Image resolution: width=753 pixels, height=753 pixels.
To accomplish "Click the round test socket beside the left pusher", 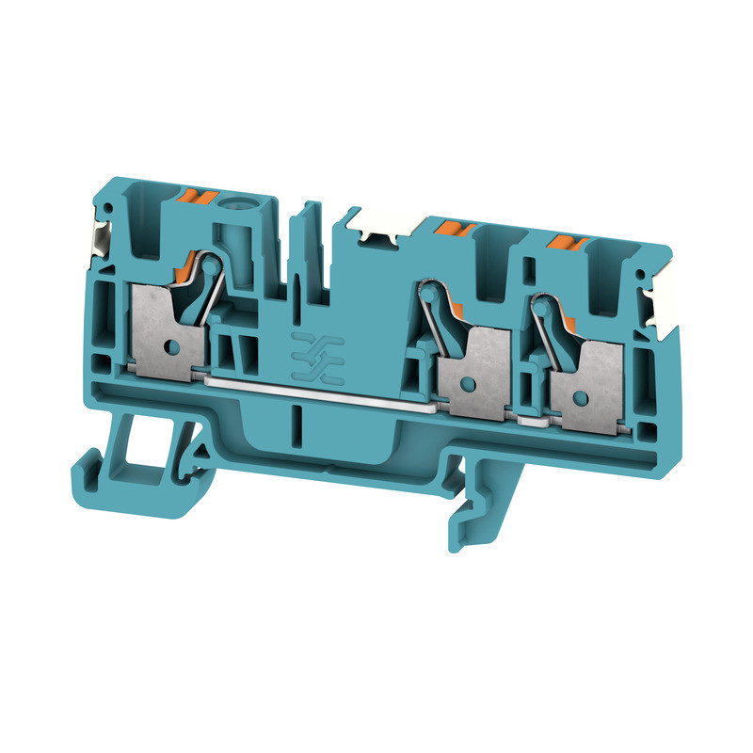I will [x=232, y=202].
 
